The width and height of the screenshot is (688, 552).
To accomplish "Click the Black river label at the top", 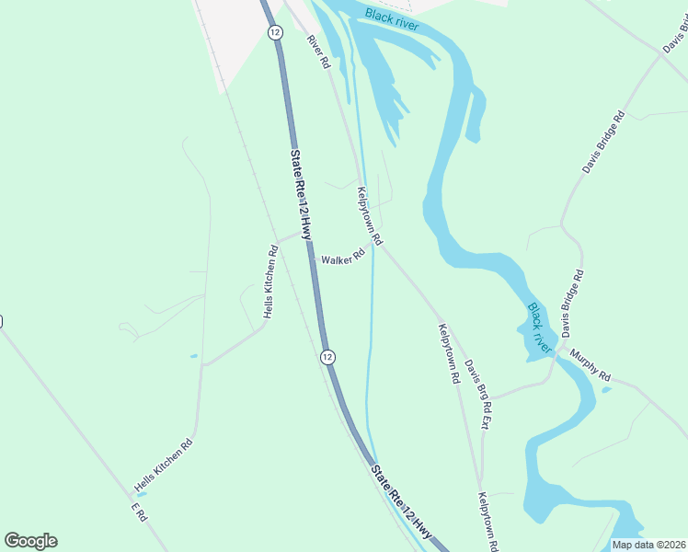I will coord(392,19).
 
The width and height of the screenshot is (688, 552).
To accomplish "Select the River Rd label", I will coord(318,52).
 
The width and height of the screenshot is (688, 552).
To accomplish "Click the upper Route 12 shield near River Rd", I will coord(275,32).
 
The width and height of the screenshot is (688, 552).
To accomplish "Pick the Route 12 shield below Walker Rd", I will coord(327,356).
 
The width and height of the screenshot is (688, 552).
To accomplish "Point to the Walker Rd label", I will coord(343,259).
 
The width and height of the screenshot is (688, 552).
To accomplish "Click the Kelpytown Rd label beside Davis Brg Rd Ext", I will coord(449,353).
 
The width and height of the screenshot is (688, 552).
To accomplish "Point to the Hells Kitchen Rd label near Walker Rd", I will coord(270,282).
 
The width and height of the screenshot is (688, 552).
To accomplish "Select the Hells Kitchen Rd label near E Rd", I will coord(164,464).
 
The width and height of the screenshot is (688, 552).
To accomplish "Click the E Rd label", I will coord(139,512).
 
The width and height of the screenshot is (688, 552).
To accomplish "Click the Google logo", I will coord(30,541).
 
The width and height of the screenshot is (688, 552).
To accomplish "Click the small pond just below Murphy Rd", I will coord(606,390).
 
